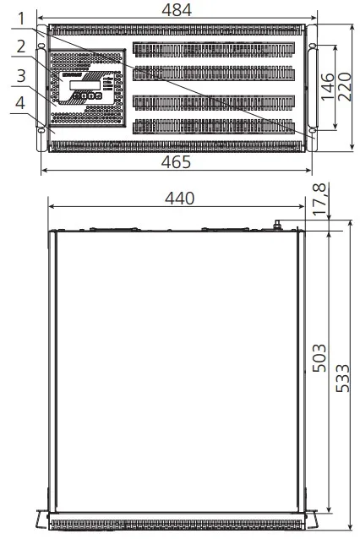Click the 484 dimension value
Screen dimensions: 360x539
pyautogui.click(x=177, y=9)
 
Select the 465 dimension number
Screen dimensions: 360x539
pyautogui.click(x=176, y=162)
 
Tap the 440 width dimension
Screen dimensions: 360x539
pyautogui.click(x=179, y=199)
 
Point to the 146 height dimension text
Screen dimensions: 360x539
pyautogui.click(x=328, y=87)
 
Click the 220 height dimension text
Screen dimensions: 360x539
pyautogui.click(x=345, y=87)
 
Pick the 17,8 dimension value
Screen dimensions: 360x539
pyautogui.click(x=319, y=199)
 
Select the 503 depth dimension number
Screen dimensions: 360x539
pyautogui.click(x=319, y=357)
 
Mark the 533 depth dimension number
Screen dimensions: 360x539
pyautogui.click(x=342, y=378)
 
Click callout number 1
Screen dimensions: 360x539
pyautogui.click(x=21, y=19)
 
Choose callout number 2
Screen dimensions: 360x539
pyautogui.click(x=21, y=46)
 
